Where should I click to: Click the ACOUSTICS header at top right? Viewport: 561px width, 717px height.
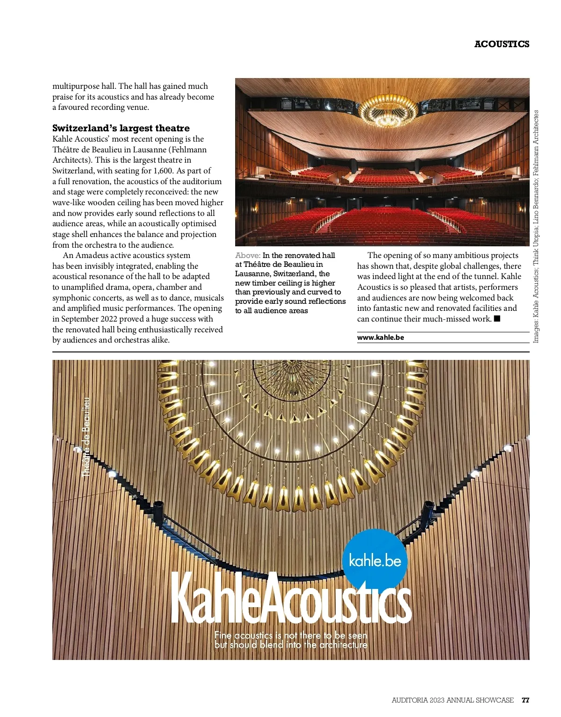pyautogui.click(x=502, y=44)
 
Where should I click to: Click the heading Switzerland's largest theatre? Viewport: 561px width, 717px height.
pyautogui.click(x=121, y=128)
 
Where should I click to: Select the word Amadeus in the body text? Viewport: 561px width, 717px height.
pyautogui.click(x=92, y=255)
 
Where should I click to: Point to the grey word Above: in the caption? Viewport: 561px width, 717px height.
pyautogui.click(x=248, y=255)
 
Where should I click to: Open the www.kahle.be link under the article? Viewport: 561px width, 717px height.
pyautogui.click(x=381, y=337)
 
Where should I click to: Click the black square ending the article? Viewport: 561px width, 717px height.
pyautogui.click(x=497, y=319)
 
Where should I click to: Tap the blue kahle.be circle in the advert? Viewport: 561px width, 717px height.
pyautogui.click(x=375, y=559)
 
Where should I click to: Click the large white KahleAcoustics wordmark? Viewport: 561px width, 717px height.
pyautogui.click(x=291, y=600)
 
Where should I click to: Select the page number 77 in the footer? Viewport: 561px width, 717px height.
pyautogui.click(x=525, y=700)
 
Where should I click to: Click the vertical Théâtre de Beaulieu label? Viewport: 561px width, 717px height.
pyautogui.click(x=86, y=437)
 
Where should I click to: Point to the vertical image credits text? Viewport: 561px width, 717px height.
pyautogui.click(x=536, y=226)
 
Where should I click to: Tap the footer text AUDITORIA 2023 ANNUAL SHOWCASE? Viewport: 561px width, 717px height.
pyautogui.click(x=453, y=700)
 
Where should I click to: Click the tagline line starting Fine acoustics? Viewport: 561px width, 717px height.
pyautogui.click(x=291, y=635)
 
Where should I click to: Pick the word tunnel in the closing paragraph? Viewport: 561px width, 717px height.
pyautogui.click(x=485, y=276)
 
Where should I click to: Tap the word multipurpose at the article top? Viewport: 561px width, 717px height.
pyautogui.click(x=76, y=86)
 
